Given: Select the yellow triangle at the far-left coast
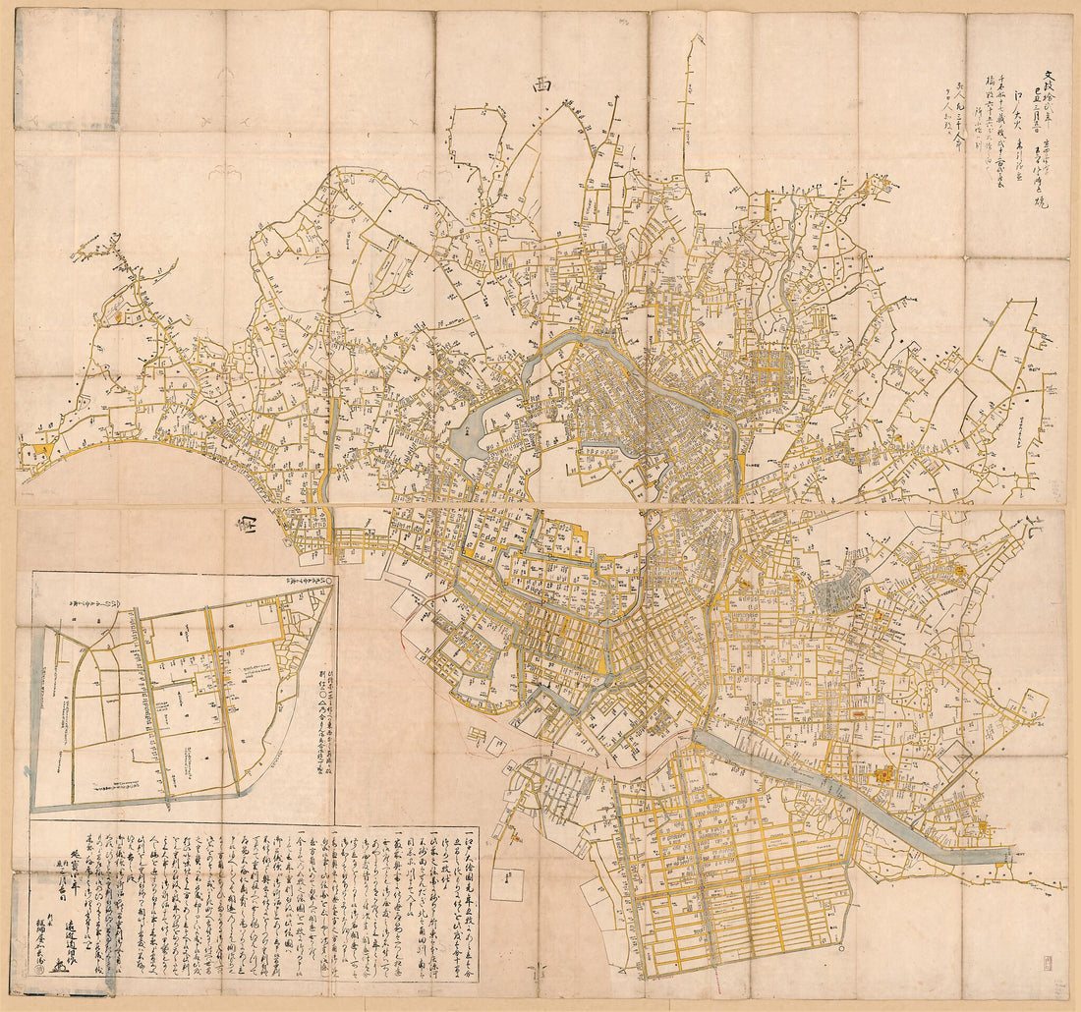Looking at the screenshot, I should (x=41, y=451).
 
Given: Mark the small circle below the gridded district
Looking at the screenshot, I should (x=843, y=951).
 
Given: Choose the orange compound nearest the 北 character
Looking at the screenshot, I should (x=956, y=569).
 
